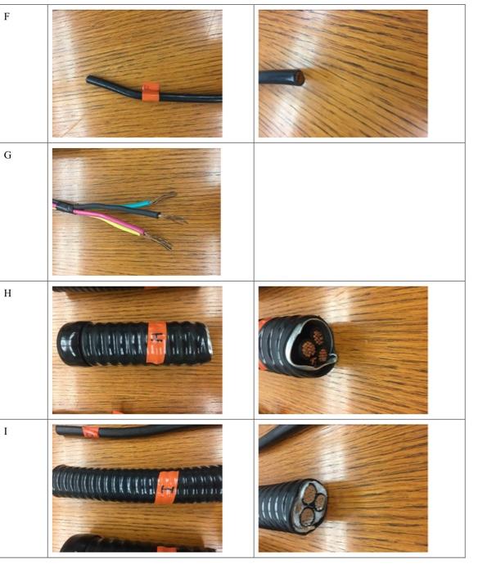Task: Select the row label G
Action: pos(7,154)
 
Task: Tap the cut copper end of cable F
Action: pos(300,78)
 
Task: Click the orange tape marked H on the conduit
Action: pos(157,342)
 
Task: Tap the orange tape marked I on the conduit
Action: pos(169,490)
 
